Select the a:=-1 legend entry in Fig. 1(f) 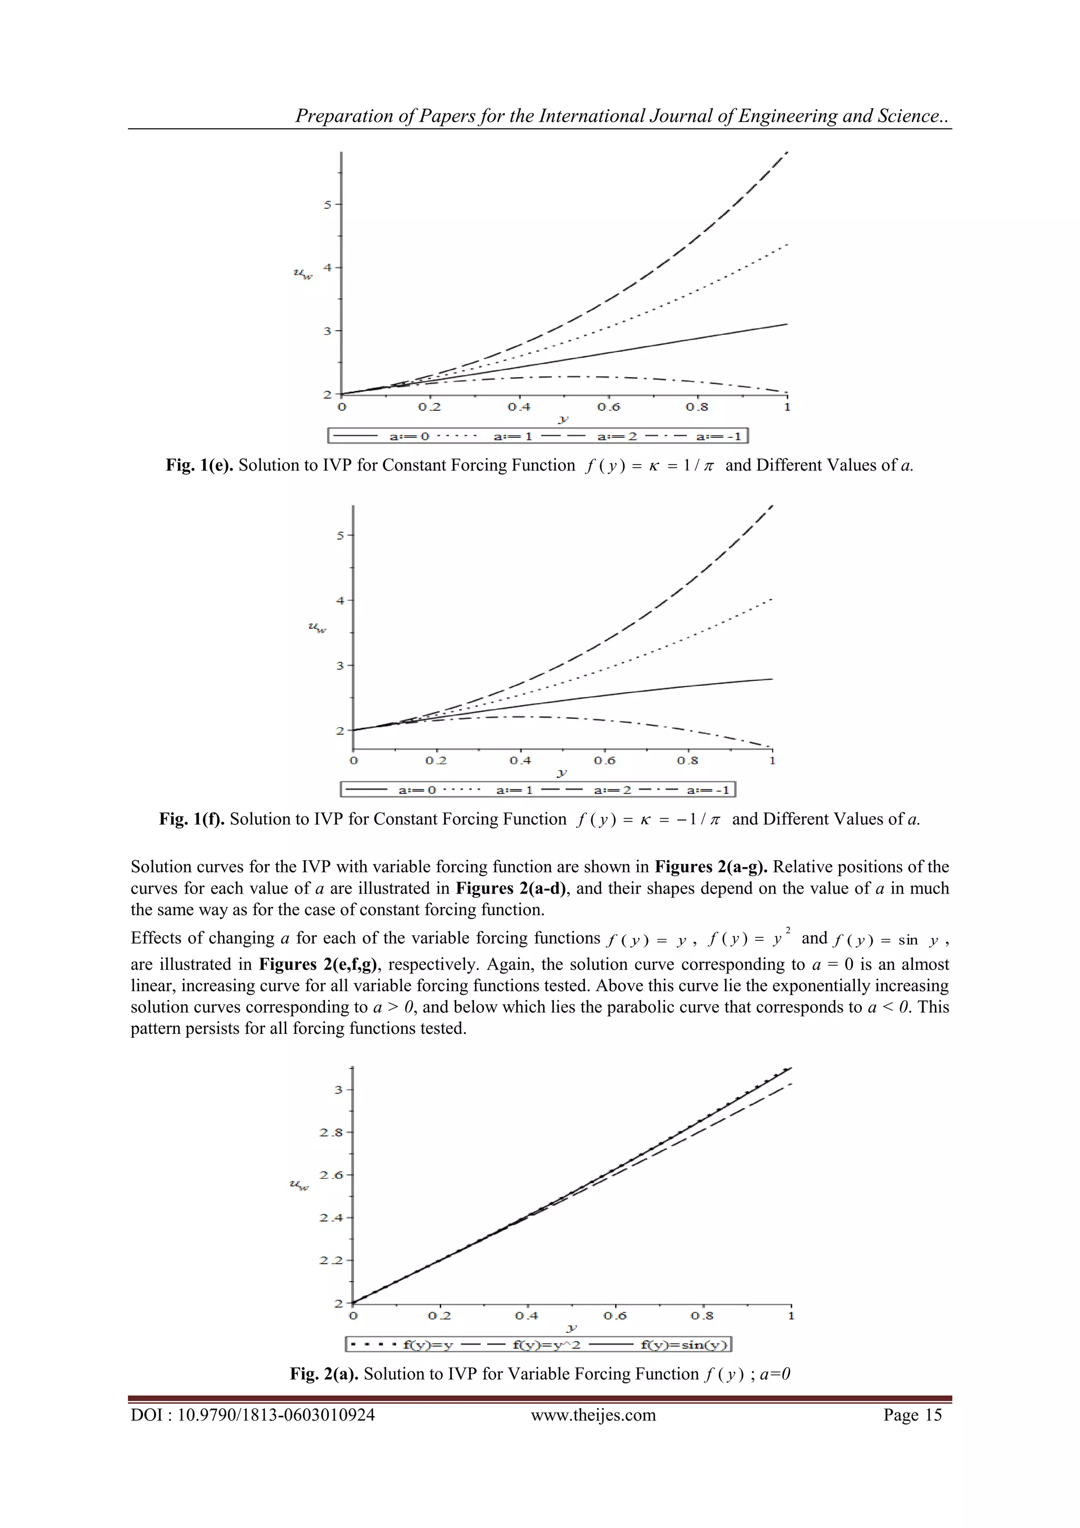click(708, 790)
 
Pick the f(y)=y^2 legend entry click(546, 1344)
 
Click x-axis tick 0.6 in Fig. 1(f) click(604, 760)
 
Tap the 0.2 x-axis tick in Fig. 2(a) click(439, 1315)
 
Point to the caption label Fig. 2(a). click(324, 1373)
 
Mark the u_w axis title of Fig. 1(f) click(317, 627)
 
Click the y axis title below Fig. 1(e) click(563, 419)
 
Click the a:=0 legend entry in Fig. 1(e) click(409, 437)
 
